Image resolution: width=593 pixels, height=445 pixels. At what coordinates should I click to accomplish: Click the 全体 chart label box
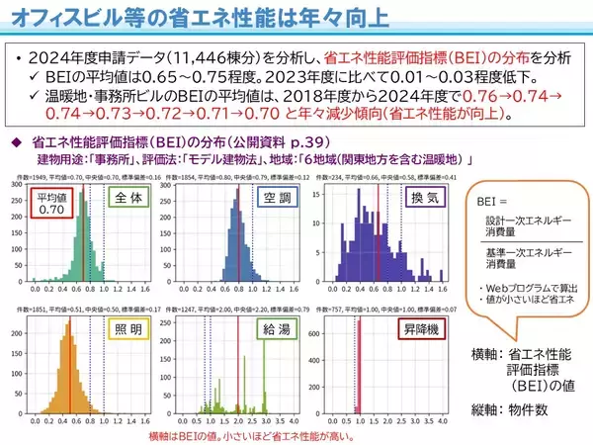126,199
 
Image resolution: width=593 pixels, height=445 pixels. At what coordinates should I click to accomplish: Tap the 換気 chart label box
427,199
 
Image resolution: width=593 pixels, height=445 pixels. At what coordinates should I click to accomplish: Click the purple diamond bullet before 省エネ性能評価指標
16,141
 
